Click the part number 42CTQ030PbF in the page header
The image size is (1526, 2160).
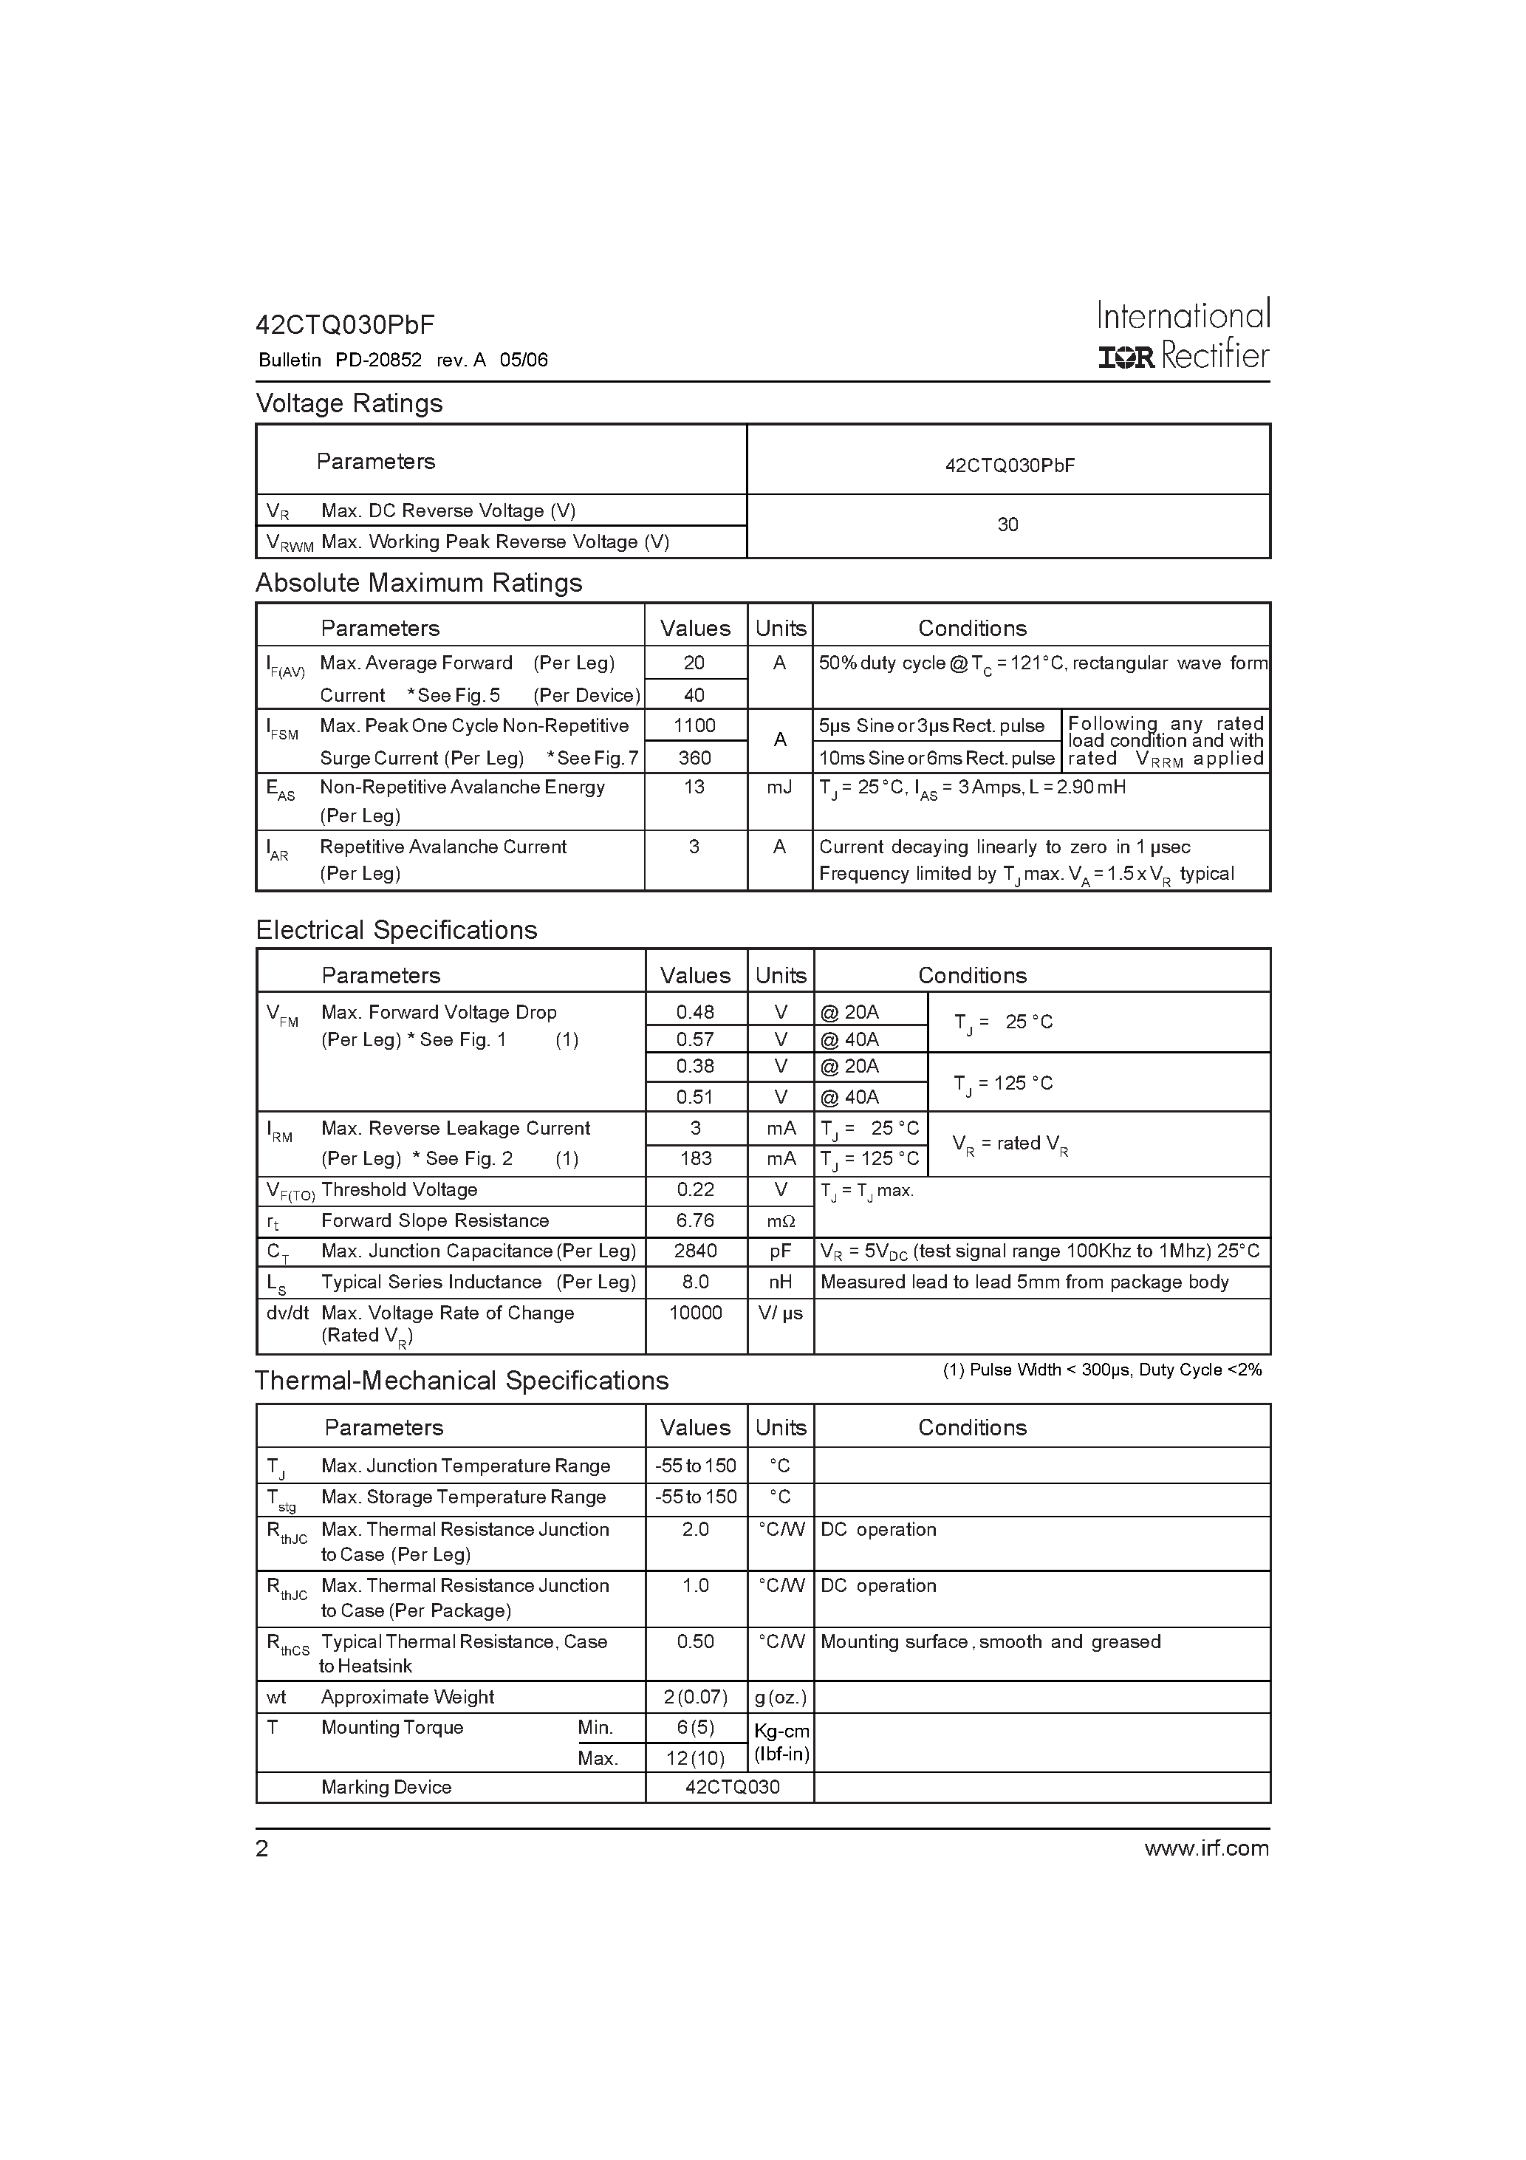pyautogui.click(x=344, y=326)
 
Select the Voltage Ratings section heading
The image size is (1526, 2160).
pyautogui.click(x=349, y=403)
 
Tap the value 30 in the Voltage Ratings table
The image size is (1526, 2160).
pyautogui.click(x=1007, y=525)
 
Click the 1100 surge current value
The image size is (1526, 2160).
pyautogui.click(x=694, y=725)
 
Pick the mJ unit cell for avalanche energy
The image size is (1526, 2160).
pyautogui.click(x=779, y=787)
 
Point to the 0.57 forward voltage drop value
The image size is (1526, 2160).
pyautogui.click(x=695, y=1039)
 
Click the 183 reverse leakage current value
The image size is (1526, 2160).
pyautogui.click(x=695, y=1159)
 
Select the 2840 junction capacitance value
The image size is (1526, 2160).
pyautogui.click(x=695, y=1251)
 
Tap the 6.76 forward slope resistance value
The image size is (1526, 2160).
pyautogui.click(x=695, y=1220)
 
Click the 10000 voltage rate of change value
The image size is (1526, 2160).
pyautogui.click(x=695, y=1313)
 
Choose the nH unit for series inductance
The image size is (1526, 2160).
pyautogui.click(x=780, y=1282)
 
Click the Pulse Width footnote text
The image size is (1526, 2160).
pyautogui.click(x=1102, y=1370)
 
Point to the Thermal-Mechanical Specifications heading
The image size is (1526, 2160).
pyautogui.click(x=462, y=1381)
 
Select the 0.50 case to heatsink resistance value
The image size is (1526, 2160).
pyautogui.click(x=695, y=1641)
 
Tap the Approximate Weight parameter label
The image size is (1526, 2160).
pyautogui.click(x=408, y=1697)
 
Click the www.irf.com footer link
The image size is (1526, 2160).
pyautogui.click(x=1206, y=1848)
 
